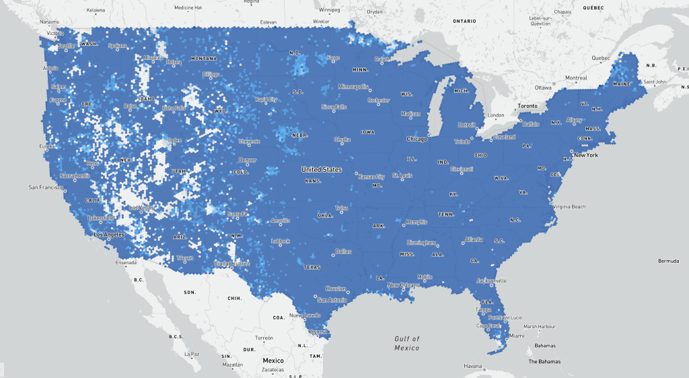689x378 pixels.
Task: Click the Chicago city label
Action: coord(416,139)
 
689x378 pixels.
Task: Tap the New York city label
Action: coord(585,155)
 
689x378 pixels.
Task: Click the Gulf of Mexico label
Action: coord(406,343)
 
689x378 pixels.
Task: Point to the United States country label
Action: coord(321,169)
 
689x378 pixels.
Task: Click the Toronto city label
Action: coord(528,106)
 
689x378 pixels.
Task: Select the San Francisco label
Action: coord(46,187)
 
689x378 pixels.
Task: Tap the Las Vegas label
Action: coord(141,207)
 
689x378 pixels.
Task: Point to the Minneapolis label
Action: coord(353,86)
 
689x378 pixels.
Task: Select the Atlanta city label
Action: coord(473,239)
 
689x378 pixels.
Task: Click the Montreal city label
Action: coord(576,78)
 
